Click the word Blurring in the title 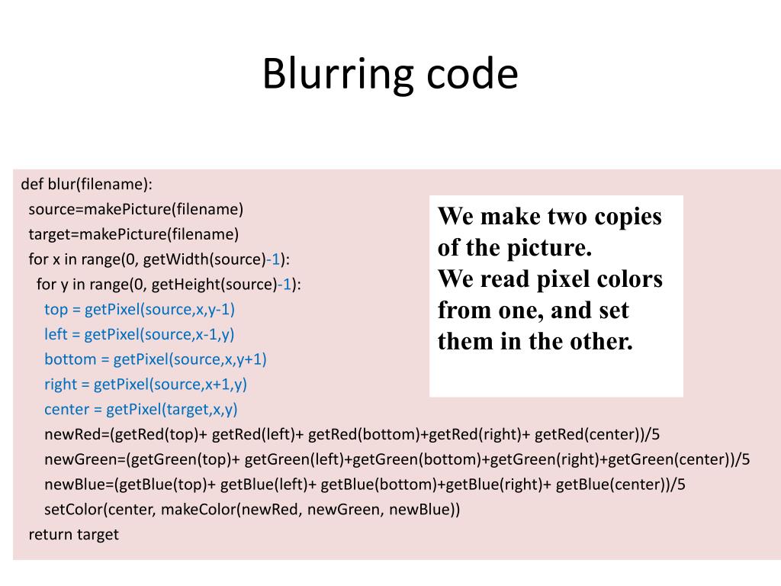[327, 76]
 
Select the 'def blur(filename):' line [87, 184]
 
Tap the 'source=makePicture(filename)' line [136, 209]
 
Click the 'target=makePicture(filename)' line [133, 233]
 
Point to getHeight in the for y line [186, 285]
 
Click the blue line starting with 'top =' [140, 309]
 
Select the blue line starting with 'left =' [140, 334]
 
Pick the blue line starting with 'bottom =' [156, 359]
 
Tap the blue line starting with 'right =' [146, 384]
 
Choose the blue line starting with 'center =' [141, 409]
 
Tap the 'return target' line [73, 534]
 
